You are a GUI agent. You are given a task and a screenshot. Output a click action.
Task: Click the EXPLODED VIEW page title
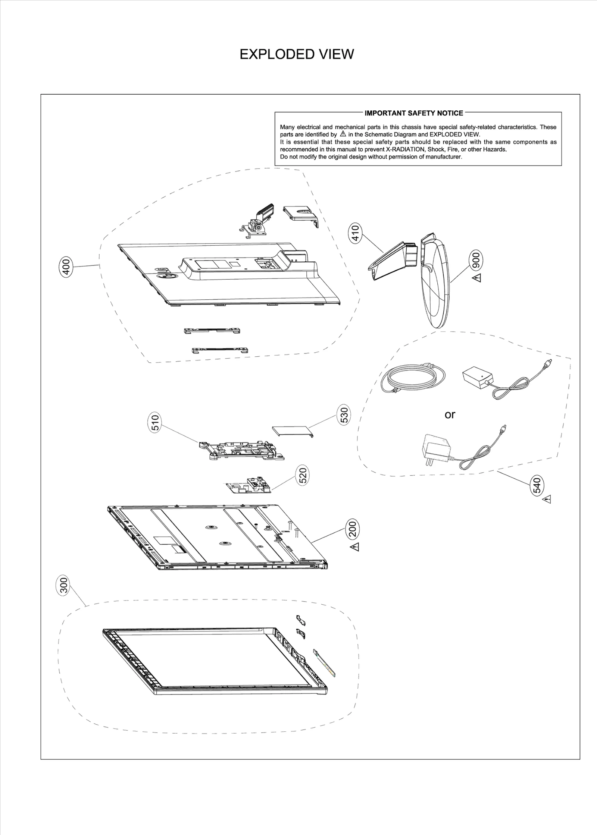coord(296,54)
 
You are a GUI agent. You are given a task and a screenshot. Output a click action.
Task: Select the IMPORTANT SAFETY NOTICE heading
coord(414,113)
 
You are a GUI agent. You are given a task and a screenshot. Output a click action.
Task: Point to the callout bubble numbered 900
coord(476,261)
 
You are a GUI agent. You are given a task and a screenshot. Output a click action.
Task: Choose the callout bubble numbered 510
coord(155,423)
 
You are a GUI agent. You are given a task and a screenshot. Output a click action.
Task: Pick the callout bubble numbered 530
coord(344,415)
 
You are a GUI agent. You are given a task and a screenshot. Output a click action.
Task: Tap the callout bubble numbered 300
coord(64,586)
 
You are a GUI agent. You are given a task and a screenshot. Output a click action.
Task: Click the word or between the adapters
coord(450,415)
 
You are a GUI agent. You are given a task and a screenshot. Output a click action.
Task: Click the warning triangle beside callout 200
coord(354,547)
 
